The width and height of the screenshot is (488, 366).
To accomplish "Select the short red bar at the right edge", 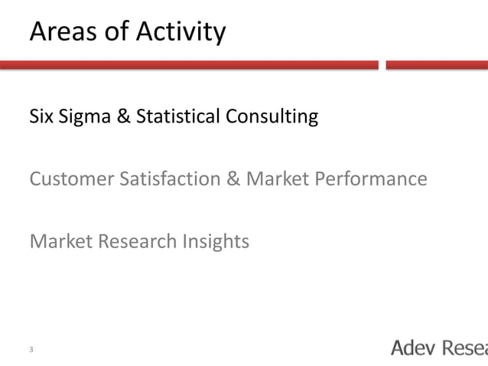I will point(437,66).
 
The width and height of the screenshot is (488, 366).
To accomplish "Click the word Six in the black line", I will point(41,117).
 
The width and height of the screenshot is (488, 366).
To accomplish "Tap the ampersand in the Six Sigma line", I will point(123,117).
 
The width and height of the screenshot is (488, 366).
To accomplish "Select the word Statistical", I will point(178,117).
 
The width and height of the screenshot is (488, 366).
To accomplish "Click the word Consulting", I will point(272,118).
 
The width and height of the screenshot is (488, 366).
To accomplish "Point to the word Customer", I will point(70,179).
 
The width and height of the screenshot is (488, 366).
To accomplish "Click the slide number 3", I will point(31,350).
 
